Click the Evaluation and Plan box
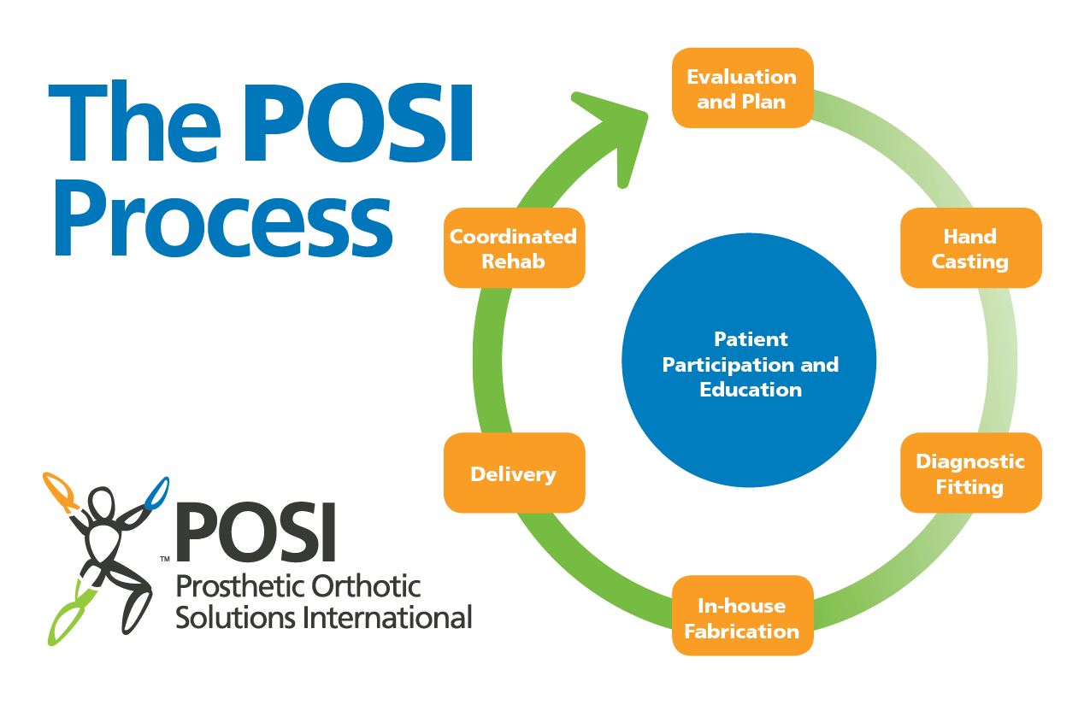coord(742,88)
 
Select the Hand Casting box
coord(970,249)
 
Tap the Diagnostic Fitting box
coord(970,473)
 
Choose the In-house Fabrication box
coord(742,617)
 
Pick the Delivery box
coord(514,473)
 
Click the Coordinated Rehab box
coord(514,249)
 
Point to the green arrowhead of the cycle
coord(620,128)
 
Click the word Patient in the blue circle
coord(751,339)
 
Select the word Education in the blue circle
coord(751,390)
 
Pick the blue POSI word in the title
coord(359,124)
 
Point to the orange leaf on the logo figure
coord(60,489)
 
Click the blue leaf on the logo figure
coord(157,492)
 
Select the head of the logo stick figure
coord(102,501)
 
